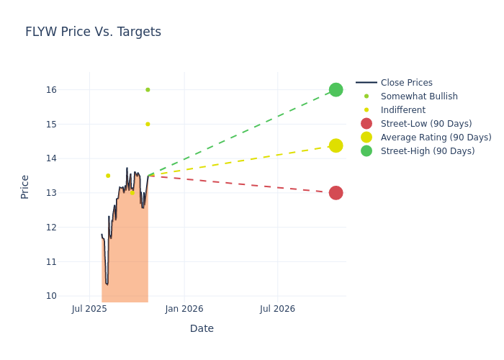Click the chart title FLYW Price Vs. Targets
tap(93, 32)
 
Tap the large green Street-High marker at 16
tap(336, 90)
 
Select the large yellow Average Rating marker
tap(336, 145)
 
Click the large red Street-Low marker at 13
tap(336, 193)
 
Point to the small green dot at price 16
tap(148, 90)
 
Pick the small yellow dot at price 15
tap(148, 124)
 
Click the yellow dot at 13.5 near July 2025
tap(108, 176)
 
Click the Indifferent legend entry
tap(402, 110)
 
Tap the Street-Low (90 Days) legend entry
tap(426, 124)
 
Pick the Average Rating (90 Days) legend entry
tap(436, 138)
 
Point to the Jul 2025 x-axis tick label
tap(89, 309)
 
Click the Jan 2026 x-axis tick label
tap(184, 309)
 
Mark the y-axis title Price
tap(25, 186)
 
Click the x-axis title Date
tap(202, 329)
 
